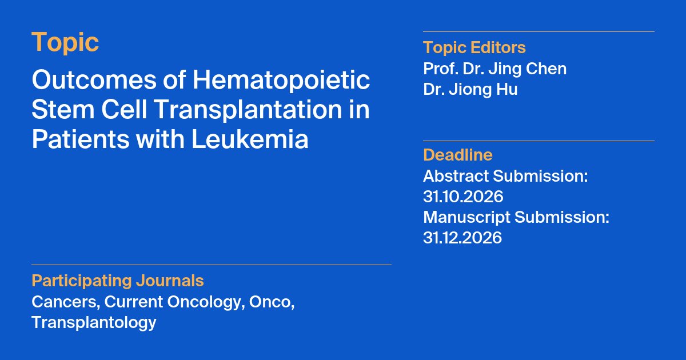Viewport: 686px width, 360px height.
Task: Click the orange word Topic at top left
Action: [65, 43]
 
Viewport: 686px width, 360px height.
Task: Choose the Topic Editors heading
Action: [474, 47]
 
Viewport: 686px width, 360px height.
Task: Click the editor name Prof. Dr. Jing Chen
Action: [494, 69]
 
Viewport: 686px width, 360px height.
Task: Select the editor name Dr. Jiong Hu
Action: [470, 90]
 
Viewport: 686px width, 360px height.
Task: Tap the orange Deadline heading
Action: [457, 155]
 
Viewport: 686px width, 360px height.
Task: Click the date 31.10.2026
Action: [463, 197]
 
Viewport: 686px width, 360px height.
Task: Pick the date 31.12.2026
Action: [462, 238]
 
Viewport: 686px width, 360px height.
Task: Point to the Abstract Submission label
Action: [505, 176]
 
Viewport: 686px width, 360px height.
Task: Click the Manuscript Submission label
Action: [516, 217]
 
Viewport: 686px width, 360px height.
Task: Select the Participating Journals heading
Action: [117, 281]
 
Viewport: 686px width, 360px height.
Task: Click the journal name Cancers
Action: [65, 302]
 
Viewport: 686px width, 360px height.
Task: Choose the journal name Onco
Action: [273, 302]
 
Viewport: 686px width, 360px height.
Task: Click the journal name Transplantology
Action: [94, 322]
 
